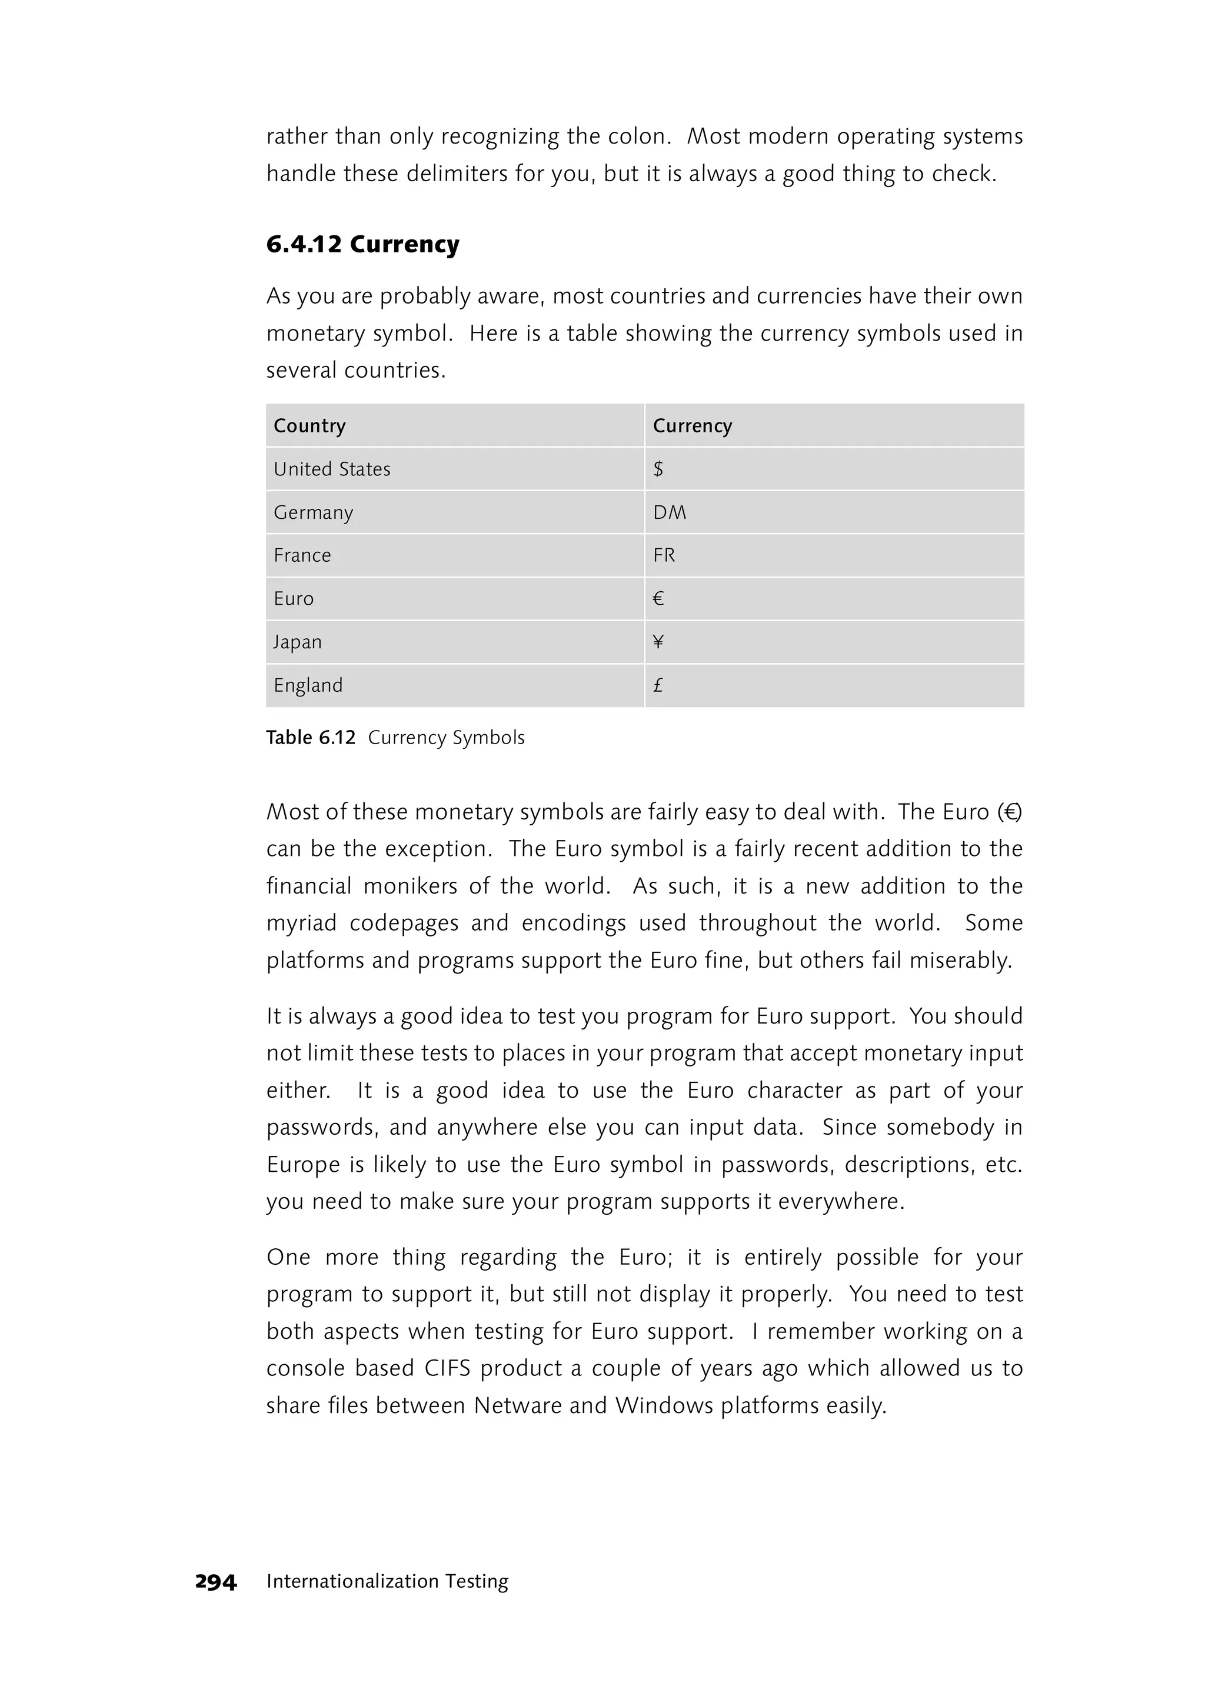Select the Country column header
point(309,426)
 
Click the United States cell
point(332,469)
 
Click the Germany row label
point(313,512)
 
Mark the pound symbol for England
point(657,685)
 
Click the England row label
point(308,685)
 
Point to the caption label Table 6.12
point(311,738)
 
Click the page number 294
point(215,1582)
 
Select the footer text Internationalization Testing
point(387,1582)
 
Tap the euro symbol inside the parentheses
point(1009,812)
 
